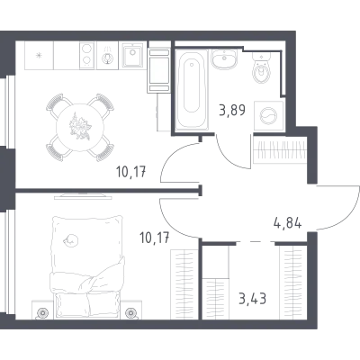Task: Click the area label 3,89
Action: pos(232,110)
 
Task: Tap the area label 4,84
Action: pos(287,223)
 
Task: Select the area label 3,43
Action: pos(253,299)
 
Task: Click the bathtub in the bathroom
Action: pos(192,90)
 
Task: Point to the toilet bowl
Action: pos(262,68)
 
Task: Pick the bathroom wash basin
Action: pos(225,59)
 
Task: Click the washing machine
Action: pos(269,116)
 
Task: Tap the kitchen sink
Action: pos(132,56)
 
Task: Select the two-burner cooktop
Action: pos(86,56)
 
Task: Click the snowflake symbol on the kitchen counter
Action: pos(39,55)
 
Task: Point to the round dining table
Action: pos(80,127)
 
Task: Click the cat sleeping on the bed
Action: pos(71,240)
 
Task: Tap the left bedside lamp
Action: pos(42,313)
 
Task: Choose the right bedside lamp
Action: pos(131,313)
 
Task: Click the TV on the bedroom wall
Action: pos(83,196)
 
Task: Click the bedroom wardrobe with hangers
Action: pos(184,283)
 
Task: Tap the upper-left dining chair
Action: pos(58,105)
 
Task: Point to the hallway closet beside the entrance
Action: pos(280,149)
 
